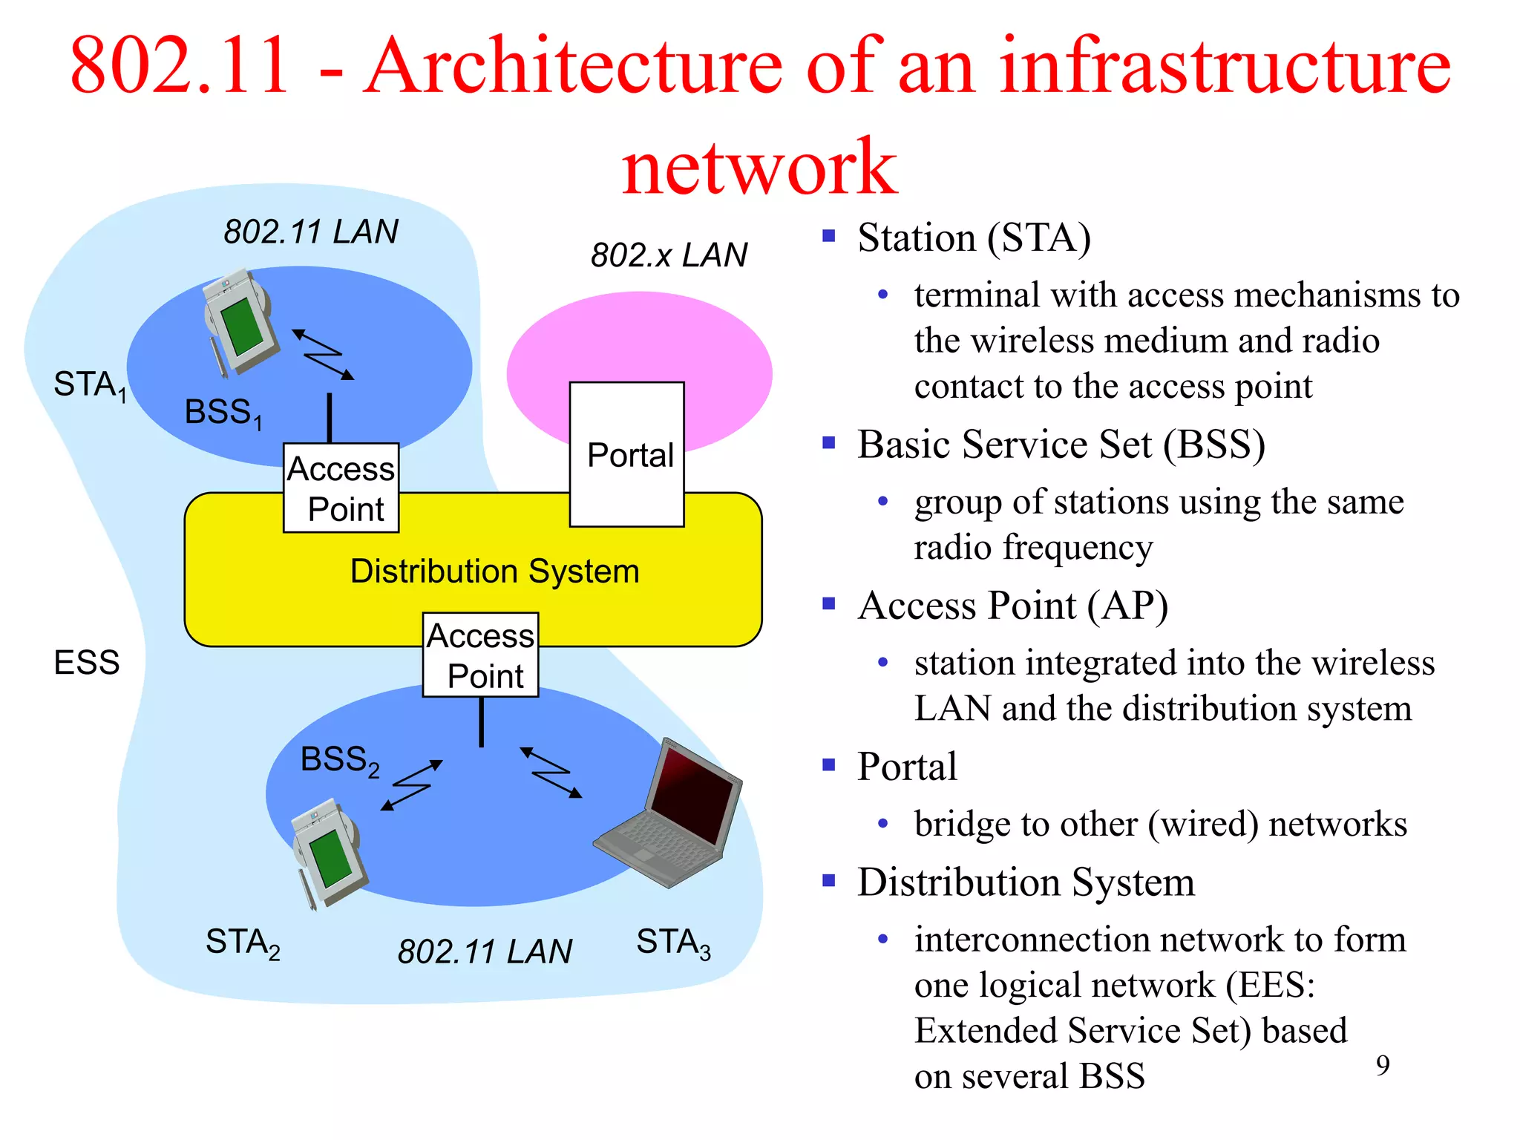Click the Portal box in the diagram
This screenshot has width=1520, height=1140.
627,454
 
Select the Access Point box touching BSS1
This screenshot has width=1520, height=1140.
341,488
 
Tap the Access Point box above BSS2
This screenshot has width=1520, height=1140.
480,655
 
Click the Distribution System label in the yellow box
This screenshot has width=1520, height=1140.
494,571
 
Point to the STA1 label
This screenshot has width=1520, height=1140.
89,385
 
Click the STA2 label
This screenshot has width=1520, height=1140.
243,943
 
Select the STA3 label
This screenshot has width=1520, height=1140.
673,943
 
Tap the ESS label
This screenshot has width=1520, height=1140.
86,662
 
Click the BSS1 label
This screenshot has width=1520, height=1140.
222,413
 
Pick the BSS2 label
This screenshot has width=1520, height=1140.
339,760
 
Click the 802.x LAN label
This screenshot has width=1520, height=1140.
669,255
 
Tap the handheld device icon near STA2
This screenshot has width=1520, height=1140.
327,852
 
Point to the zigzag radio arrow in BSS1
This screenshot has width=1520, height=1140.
323,355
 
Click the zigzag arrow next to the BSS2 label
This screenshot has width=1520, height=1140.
412,784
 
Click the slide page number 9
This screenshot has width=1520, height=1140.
1382,1066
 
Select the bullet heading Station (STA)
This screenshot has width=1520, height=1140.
974,238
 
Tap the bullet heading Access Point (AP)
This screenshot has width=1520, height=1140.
1012,606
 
